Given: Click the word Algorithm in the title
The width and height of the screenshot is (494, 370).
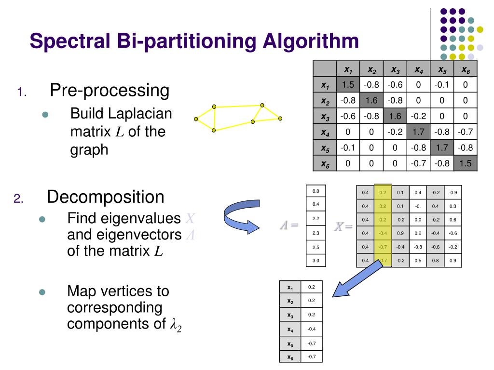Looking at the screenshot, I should [x=311, y=40].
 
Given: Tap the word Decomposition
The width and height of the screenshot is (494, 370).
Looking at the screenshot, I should [x=106, y=197].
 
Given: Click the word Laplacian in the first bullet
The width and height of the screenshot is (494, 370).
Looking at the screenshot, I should [x=139, y=114].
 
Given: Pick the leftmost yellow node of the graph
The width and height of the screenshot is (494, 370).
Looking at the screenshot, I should [x=196, y=119].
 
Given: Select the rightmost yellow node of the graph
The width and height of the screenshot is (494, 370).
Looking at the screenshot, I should [x=280, y=118].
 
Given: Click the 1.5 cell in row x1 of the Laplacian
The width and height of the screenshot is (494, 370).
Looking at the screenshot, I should [x=348, y=85].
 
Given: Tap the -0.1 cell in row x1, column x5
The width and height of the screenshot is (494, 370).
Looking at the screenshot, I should [x=442, y=85].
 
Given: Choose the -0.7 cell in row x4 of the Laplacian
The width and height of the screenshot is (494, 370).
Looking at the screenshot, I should [x=466, y=132].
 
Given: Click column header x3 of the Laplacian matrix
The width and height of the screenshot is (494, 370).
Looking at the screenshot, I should [x=395, y=69].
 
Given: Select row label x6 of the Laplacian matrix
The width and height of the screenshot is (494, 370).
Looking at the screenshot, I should [x=325, y=163].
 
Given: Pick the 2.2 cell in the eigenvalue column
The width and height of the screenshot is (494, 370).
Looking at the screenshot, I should [x=316, y=219].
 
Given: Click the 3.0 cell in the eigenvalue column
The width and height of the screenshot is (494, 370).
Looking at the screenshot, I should [x=316, y=261].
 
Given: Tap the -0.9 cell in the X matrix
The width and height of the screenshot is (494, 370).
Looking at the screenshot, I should [x=453, y=193].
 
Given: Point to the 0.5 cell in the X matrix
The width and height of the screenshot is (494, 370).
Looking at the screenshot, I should [x=418, y=261].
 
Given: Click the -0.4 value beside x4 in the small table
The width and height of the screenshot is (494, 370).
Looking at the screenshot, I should [x=311, y=330].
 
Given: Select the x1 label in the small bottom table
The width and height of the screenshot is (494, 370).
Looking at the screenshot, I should [x=290, y=288].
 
